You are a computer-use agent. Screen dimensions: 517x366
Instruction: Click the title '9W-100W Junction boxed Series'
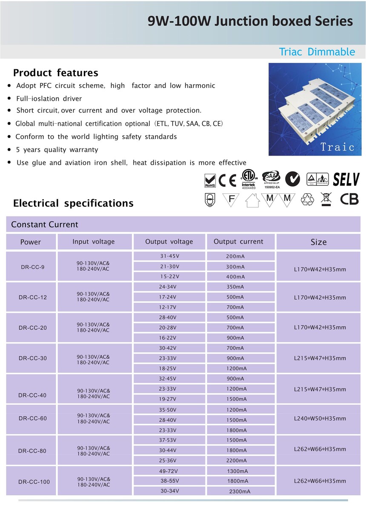(250, 21)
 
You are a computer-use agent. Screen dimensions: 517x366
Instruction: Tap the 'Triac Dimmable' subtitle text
(317, 52)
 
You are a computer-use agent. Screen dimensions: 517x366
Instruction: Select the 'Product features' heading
(55, 73)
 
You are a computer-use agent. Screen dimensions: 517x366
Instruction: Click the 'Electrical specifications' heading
(73, 203)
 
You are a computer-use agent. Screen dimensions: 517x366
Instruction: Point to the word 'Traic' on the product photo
(337, 147)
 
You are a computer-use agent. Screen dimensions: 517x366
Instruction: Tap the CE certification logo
(227, 181)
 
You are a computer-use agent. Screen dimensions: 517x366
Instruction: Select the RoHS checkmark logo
(210, 180)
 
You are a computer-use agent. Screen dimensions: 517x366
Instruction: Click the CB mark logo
(349, 199)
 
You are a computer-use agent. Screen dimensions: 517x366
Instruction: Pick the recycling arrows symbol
(307, 199)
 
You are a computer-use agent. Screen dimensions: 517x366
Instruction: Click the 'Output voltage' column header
(169, 241)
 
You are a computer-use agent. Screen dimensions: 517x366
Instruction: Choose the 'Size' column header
(318, 242)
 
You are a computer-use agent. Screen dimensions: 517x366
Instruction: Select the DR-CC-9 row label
(32, 267)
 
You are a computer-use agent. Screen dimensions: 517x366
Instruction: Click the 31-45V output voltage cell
(169, 256)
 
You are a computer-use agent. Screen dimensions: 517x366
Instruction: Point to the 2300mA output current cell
(240, 491)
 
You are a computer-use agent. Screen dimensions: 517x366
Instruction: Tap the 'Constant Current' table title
(45, 224)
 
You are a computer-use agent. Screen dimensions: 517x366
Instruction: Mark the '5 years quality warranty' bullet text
(57, 150)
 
